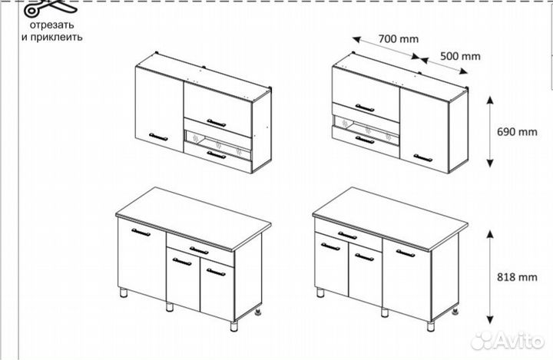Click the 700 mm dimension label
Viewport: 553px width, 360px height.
click(x=398, y=38)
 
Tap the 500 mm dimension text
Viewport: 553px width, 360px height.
click(x=460, y=56)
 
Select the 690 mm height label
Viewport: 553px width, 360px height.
click(x=517, y=132)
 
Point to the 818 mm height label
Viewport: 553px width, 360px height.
click(x=517, y=277)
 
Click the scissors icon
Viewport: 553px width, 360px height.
click(x=49, y=8)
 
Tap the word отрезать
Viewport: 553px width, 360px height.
click(x=52, y=25)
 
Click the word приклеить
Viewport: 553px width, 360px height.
click(x=56, y=37)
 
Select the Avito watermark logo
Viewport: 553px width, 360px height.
click(x=507, y=340)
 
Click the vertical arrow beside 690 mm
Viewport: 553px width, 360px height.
click(x=490, y=131)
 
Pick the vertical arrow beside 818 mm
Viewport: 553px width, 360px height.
click(x=490, y=277)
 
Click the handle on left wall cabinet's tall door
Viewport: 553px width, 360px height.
click(x=158, y=137)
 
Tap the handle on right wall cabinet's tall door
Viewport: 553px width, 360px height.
click(x=423, y=157)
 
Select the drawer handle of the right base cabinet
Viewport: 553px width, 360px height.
click(x=347, y=235)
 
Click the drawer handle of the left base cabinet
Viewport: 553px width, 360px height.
click(x=199, y=251)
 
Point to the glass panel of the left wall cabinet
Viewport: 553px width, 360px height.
click(x=217, y=144)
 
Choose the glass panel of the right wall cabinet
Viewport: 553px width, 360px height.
click(x=366, y=129)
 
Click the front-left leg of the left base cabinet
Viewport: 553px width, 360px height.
click(x=124, y=292)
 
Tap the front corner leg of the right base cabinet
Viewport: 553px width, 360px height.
click(x=431, y=325)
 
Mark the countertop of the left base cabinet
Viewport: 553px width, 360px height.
click(x=194, y=219)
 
